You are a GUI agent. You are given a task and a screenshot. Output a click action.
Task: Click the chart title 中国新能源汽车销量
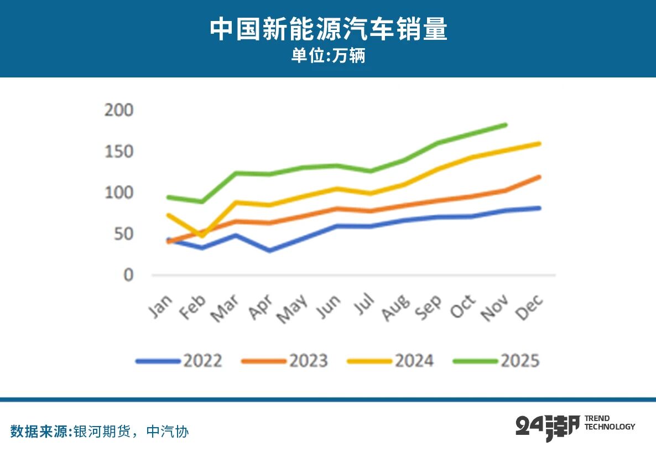pos(328,30)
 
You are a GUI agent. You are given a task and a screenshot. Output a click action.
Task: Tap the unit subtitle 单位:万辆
pos(328,56)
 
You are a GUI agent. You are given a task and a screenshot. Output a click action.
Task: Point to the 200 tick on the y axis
pos(119,111)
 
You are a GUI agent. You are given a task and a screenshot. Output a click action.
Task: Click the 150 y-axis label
pos(119,152)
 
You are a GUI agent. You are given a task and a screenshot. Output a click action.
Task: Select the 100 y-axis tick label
pos(119,193)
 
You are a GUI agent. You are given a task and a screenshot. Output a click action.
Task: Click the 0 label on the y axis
pos(128,275)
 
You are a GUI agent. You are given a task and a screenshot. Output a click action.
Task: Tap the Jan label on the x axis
pos(162,305)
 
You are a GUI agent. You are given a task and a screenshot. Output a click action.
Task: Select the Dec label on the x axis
pos(530,306)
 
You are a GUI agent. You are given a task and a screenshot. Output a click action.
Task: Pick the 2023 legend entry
pos(285,361)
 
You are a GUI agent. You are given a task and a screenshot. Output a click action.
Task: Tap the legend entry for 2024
pos(391,361)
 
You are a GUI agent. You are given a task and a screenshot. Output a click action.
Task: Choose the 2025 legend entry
pos(497,361)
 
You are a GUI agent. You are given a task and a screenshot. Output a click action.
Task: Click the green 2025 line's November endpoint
pos(505,125)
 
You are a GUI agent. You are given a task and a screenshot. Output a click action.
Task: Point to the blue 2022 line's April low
pos(270,251)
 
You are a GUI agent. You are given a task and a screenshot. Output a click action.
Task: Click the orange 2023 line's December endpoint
pos(539,177)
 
